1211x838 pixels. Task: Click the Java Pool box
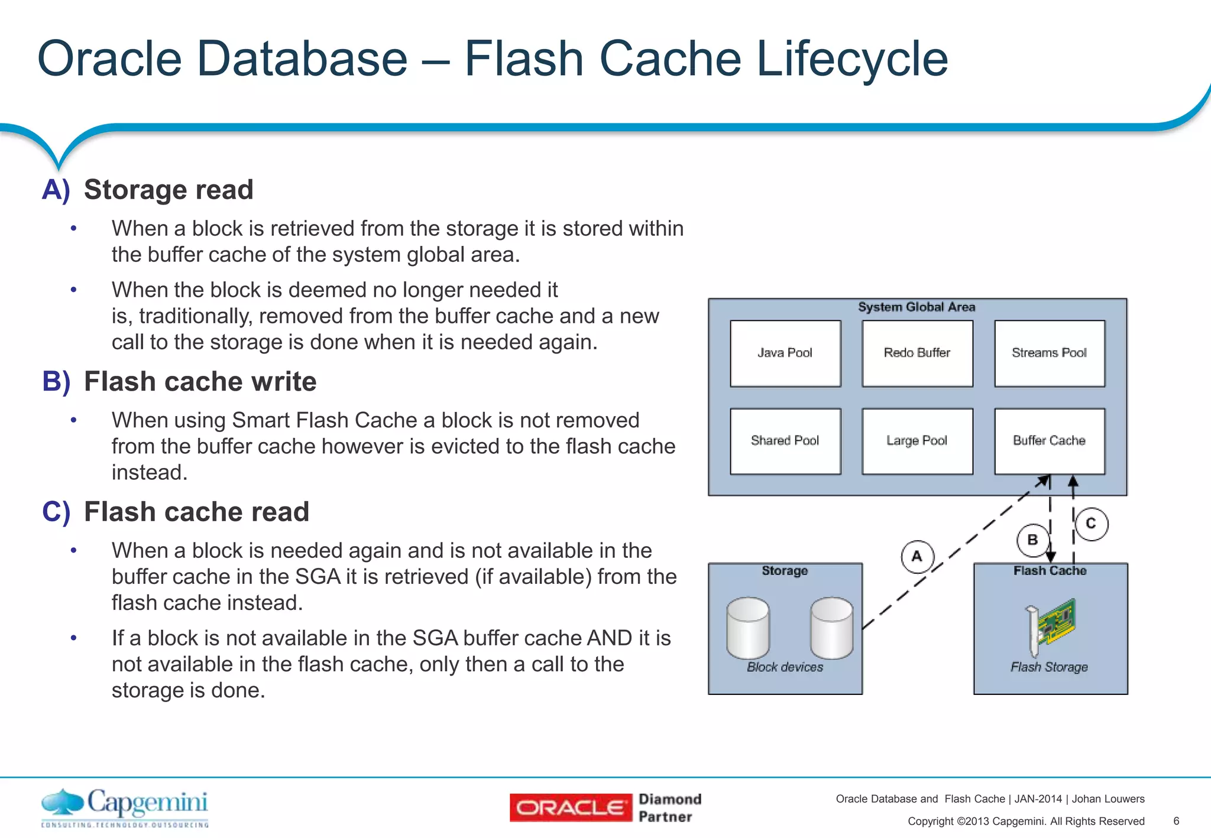(x=785, y=353)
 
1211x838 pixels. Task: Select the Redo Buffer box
(x=917, y=353)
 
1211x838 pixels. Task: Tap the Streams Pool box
(x=1050, y=353)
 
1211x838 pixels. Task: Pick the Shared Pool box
(x=785, y=441)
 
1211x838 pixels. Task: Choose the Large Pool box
(x=917, y=441)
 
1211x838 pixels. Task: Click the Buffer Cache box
(x=1050, y=441)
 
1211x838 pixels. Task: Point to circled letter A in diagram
(x=917, y=556)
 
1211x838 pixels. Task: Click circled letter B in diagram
(x=1032, y=540)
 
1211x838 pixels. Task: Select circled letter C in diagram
(x=1091, y=524)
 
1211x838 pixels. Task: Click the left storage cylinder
(x=748, y=628)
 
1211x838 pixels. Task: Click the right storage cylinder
(x=831, y=628)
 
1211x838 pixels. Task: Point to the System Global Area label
(x=917, y=307)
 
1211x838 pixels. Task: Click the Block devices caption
(x=785, y=667)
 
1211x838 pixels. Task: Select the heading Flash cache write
(x=200, y=382)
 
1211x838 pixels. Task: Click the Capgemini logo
(x=125, y=807)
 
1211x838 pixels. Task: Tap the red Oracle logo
(x=571, y=808)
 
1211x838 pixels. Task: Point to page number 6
(x=1176, y=821)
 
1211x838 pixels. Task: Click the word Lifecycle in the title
(x=851, y=59)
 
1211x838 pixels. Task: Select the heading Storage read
(x=168, y=190)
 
